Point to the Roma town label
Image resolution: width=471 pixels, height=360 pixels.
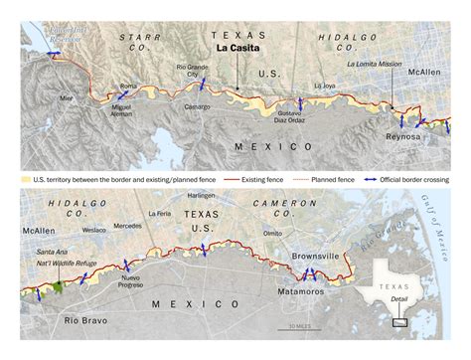pos(128,87)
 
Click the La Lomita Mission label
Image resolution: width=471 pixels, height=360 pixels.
pos(375,66)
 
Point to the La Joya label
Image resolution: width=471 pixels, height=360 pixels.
pos(324,87)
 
